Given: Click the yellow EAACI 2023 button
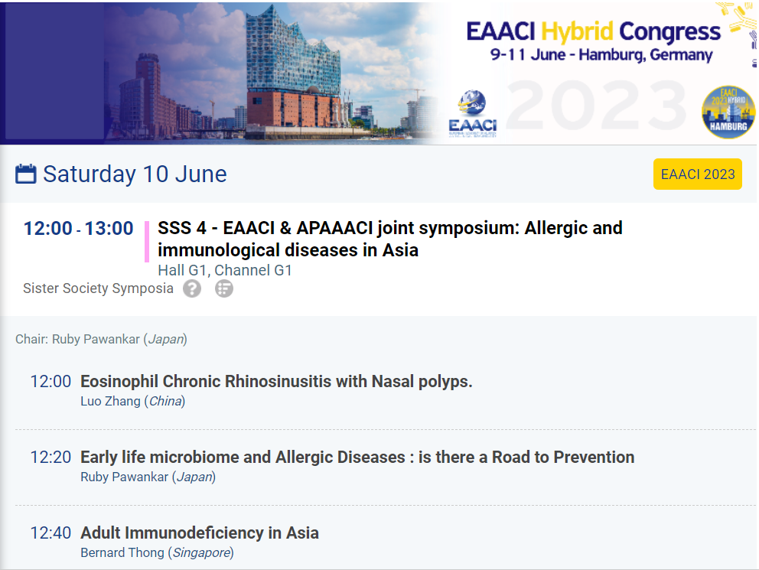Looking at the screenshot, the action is pyautogui.click(x=698, y=174).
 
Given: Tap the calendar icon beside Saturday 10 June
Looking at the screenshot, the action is pyautogui.click(x=26, y=174).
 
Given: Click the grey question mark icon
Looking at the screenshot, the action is pyautogui.click(x=192, y=289).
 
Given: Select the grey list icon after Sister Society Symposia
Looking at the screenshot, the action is pyautogui.click(x=224, y=289).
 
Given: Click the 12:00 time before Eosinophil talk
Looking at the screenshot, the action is pyautogui.click(x=50, y=382).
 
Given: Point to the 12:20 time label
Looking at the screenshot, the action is pyautogui.click(x=50, y=458).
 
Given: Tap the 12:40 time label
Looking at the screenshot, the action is pyautogui.click(x=50, y=533).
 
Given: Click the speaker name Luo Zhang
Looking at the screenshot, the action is pyautogui.click(x=110, y=402).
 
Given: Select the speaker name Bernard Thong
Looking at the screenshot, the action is pyautogui.click(x=122, y=553).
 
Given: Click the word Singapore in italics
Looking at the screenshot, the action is pyautogui.click(x=201, y=553).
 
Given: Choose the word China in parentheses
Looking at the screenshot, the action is pyautogui.click(x=165, y=402).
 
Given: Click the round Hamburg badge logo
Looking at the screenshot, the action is pyautogui.click(x=728, y=112).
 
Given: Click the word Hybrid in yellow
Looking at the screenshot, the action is pyautogui.click(x=577, y=32).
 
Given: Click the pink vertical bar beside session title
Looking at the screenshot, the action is pyautogui.click(x=147, y=242).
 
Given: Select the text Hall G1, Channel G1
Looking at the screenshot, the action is pyautogui.click(x=225, y=271).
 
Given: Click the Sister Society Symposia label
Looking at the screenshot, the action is pyautogui.click(x=98, y=288).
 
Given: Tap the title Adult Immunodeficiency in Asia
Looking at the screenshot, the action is pyautogui.click(x=200, y=533).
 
